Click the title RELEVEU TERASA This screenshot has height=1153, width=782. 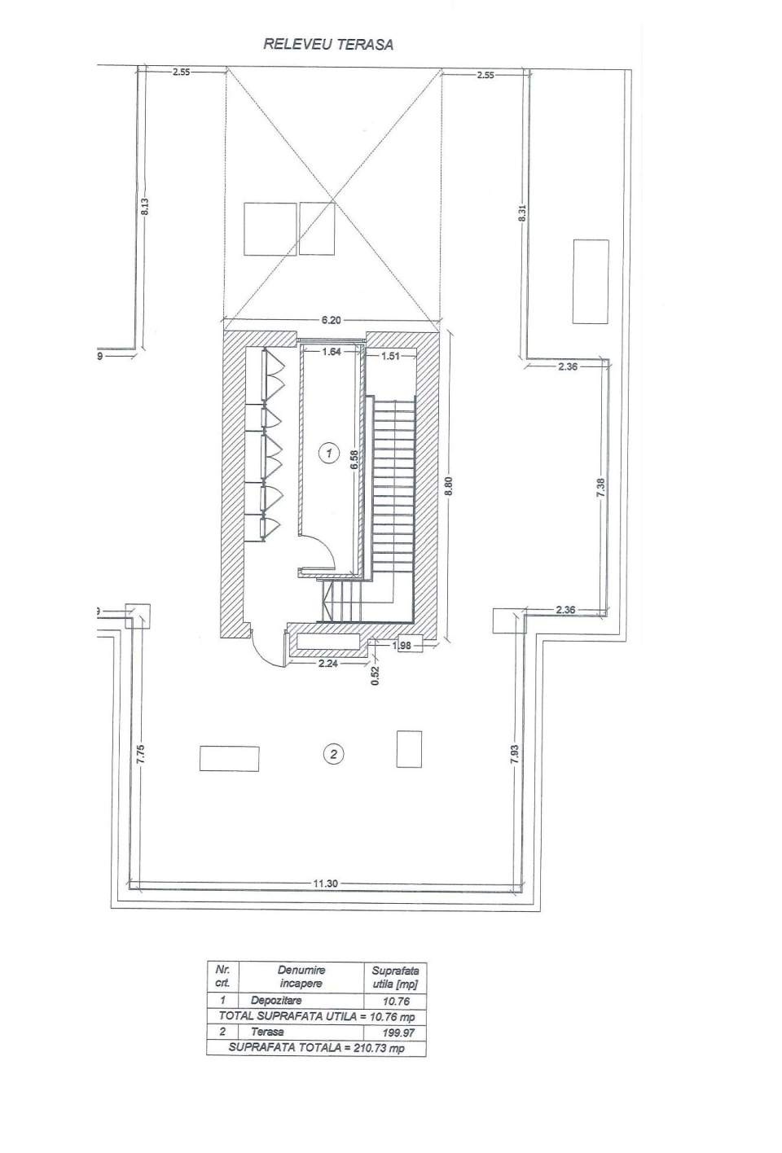click(x=327, y=45)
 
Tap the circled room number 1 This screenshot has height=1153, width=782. click(x=328, y=453)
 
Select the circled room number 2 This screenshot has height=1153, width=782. click(x=332, y=755)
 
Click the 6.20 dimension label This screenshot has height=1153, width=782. click(x=331, y=321)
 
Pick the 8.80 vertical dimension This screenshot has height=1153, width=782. click(x=447, y=487)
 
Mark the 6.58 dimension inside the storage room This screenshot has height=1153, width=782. click(x=354, y=461)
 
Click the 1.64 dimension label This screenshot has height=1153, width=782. click(x=332, y=353)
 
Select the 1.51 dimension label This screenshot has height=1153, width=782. click(x=381, y=355)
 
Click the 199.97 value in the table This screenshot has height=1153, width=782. click(x=394, y=1032)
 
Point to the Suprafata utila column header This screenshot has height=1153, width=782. click(x=394, y=976)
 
